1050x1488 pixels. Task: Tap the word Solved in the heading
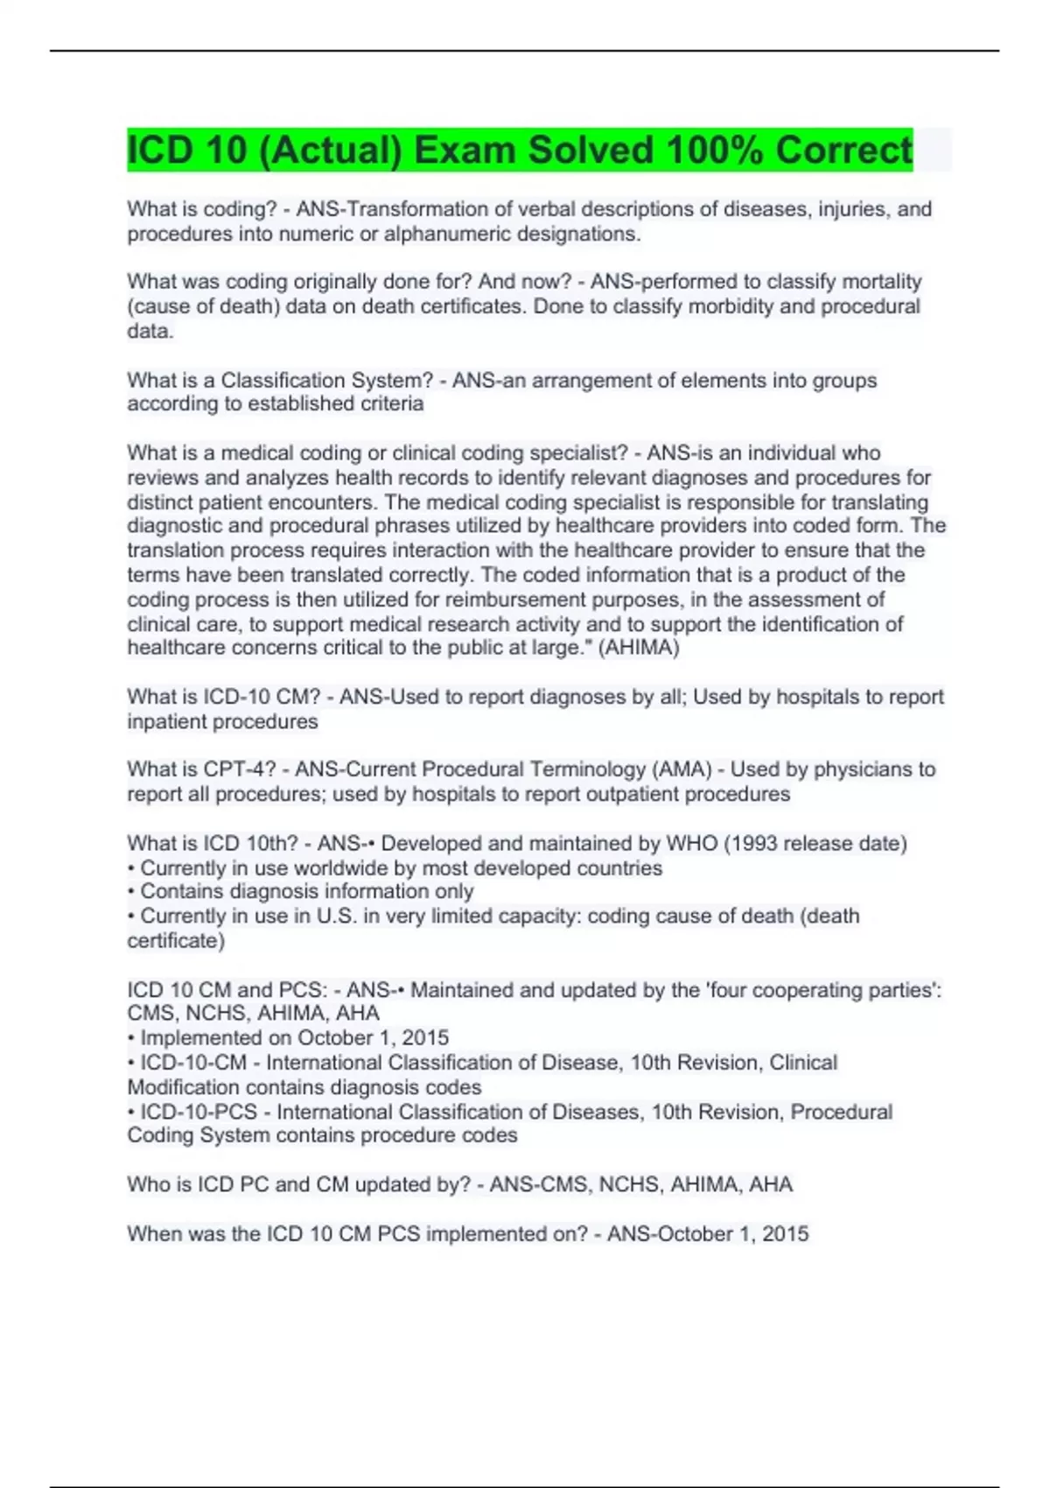591,150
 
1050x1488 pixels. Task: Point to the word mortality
881,282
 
